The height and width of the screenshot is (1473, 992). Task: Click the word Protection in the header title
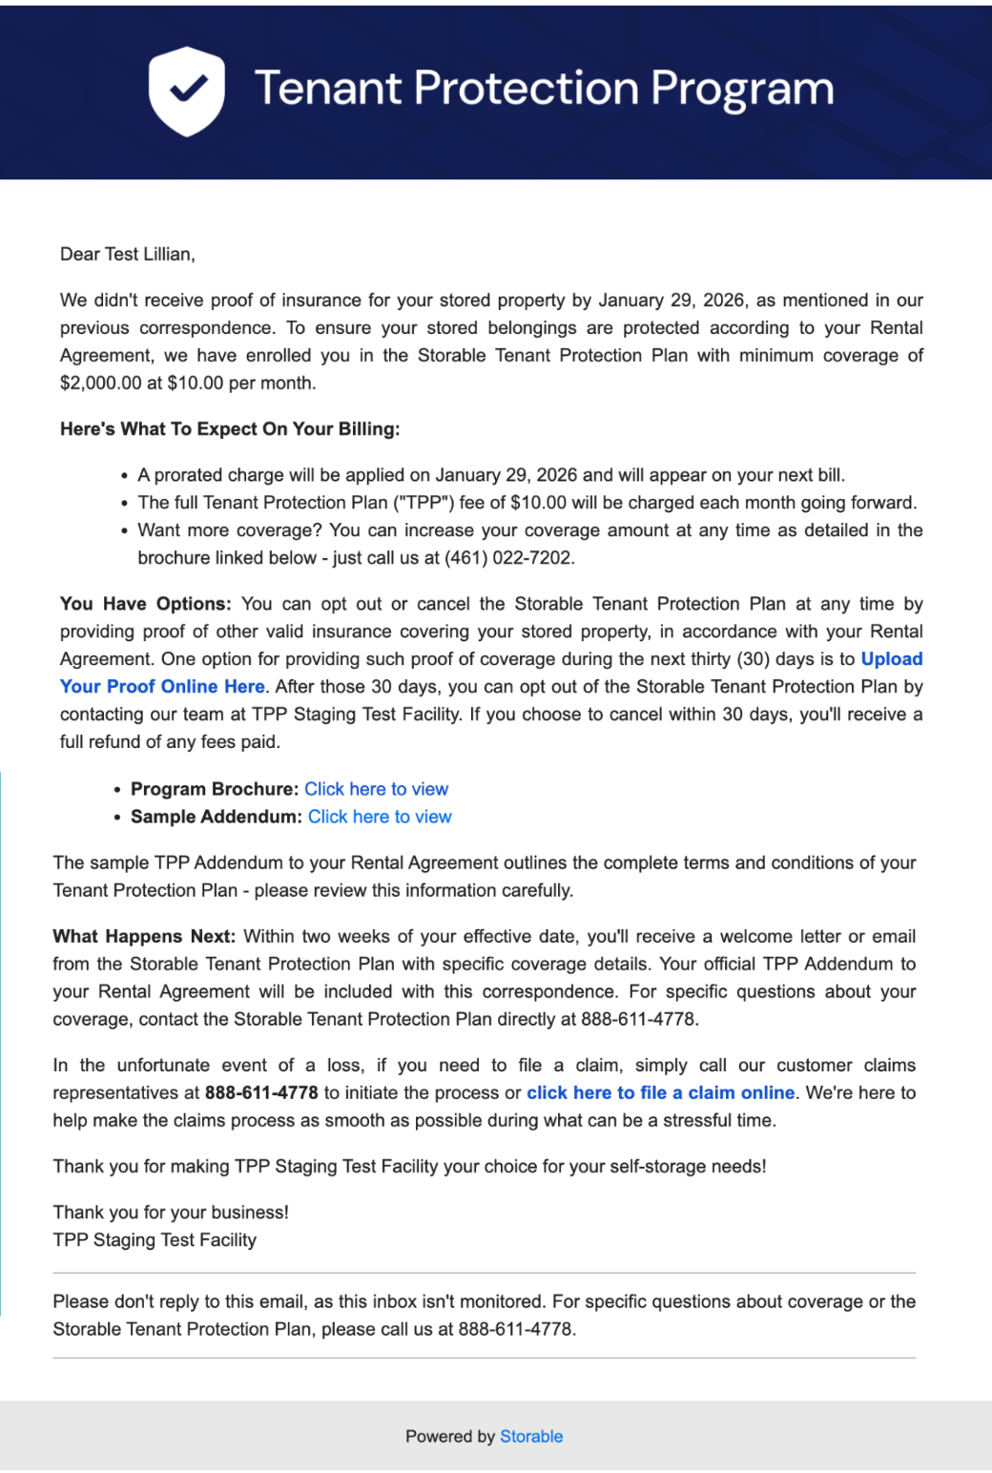pos(526,89)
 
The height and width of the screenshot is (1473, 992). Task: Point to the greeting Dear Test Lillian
pos(127,255)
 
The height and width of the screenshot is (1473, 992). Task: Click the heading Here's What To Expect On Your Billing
pos(230,429)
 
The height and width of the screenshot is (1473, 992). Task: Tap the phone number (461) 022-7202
pos(509,558)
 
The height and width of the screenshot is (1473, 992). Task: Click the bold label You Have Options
pos(145,604)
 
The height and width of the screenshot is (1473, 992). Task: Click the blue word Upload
pos(891,659)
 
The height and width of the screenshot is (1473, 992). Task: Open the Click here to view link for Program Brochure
pos(376,789)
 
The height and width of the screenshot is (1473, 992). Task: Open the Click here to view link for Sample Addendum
pos(380,817)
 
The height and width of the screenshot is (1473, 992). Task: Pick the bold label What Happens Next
pos(144,937)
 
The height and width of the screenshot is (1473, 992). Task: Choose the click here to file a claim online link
pos(660,1093)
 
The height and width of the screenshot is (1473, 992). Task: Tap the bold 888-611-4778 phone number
pos(261,1093)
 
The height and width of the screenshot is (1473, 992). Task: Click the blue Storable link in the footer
pos(531,1437)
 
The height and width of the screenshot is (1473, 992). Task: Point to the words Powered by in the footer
pos(450,1437)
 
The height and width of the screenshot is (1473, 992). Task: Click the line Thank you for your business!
pos(171,1213)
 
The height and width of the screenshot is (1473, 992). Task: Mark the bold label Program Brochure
pos(215,789)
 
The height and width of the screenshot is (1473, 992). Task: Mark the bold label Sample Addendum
pos(217,817)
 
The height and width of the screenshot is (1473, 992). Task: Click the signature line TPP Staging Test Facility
pos(155,1240)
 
